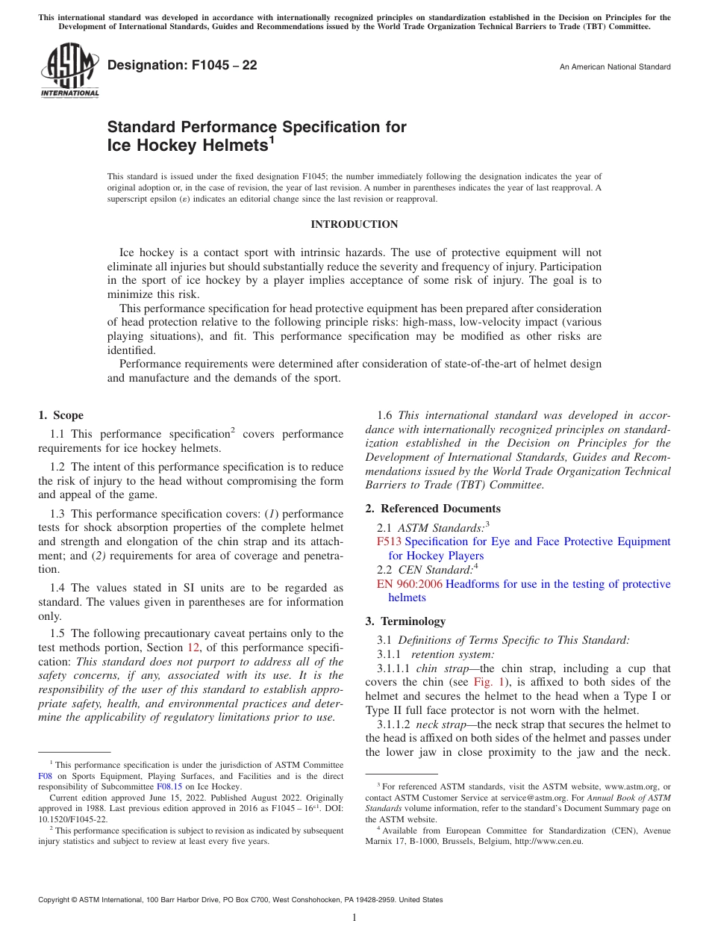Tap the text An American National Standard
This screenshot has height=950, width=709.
coord(615,67)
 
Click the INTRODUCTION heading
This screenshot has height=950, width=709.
coord(354,225)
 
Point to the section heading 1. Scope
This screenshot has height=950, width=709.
coord(60,415)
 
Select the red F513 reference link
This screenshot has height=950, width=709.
coord(389,541)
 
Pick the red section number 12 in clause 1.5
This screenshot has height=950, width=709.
coord(193,648)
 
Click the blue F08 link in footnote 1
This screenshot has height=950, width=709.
coord(45,776)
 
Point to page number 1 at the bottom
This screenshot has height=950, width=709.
coord(354,918)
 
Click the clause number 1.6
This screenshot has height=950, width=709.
coord(385,415)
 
